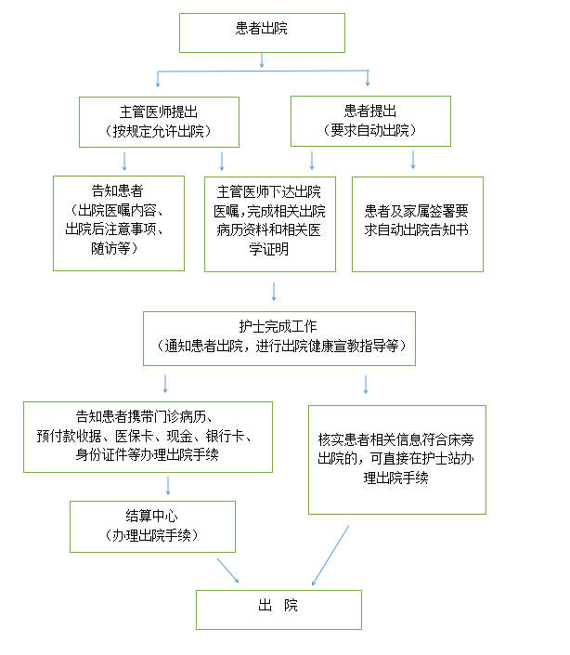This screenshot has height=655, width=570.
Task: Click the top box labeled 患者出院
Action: click(x=262, y=33)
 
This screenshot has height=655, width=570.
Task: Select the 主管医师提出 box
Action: click(x=159, y=122)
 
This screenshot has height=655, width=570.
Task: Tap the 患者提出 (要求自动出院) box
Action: click(x=370, y=121)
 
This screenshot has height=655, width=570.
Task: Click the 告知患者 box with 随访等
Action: click(x=119, y=224)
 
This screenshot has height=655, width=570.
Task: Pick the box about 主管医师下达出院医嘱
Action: click(x=270, y=224)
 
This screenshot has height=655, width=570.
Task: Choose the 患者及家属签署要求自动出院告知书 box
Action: click(x=418, y=224)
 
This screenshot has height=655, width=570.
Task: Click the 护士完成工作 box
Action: click(x=279, y=338)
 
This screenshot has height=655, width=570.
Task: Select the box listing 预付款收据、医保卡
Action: click(x=148, y=437)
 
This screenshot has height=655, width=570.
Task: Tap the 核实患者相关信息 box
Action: click(x=397, y=460)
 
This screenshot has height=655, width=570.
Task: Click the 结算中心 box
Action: click(x=152, y=527)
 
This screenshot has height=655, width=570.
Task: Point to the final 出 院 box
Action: click(x=279, y=609)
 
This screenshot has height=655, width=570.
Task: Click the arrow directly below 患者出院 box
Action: click(x=262, y=60)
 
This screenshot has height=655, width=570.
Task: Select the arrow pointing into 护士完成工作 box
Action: click(x=274, y=292)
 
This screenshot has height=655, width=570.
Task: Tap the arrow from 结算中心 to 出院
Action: click(x=227, y=570)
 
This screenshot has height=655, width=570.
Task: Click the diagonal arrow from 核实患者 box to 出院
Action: click(x=330, y=556)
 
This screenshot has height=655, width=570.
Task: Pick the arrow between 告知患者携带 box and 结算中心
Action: click(x=168, y=486)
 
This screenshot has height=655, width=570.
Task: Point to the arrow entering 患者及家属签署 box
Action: click(x=413, y=160)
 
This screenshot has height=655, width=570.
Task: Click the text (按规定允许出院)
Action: click(x=158, y=132)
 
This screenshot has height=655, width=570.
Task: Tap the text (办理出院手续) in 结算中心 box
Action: click(x=151, y=535)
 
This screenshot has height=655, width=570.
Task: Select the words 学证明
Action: click(x=268, y=249)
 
